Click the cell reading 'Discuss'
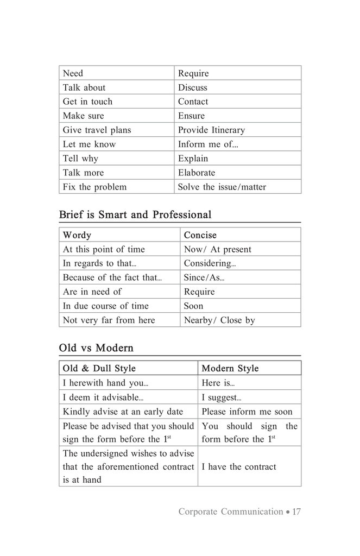(193, 87)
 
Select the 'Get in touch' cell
(87, 102)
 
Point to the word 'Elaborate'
(197, 173)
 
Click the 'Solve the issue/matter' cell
(222, 187)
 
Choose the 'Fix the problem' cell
(94, 187)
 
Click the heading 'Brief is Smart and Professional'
(135, 214)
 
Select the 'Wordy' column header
(77, 235)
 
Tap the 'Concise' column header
(200, 235)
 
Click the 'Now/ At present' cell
(217, 249)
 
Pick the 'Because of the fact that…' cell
(112, 277)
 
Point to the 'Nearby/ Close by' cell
(219, 320)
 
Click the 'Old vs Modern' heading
(96, 347)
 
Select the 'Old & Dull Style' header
(99, 368)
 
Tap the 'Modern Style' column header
(230, 368)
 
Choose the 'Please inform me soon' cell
(247, 412)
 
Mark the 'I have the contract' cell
(238, 466)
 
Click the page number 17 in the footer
(296, 511)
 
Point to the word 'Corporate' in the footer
(198, 511)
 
